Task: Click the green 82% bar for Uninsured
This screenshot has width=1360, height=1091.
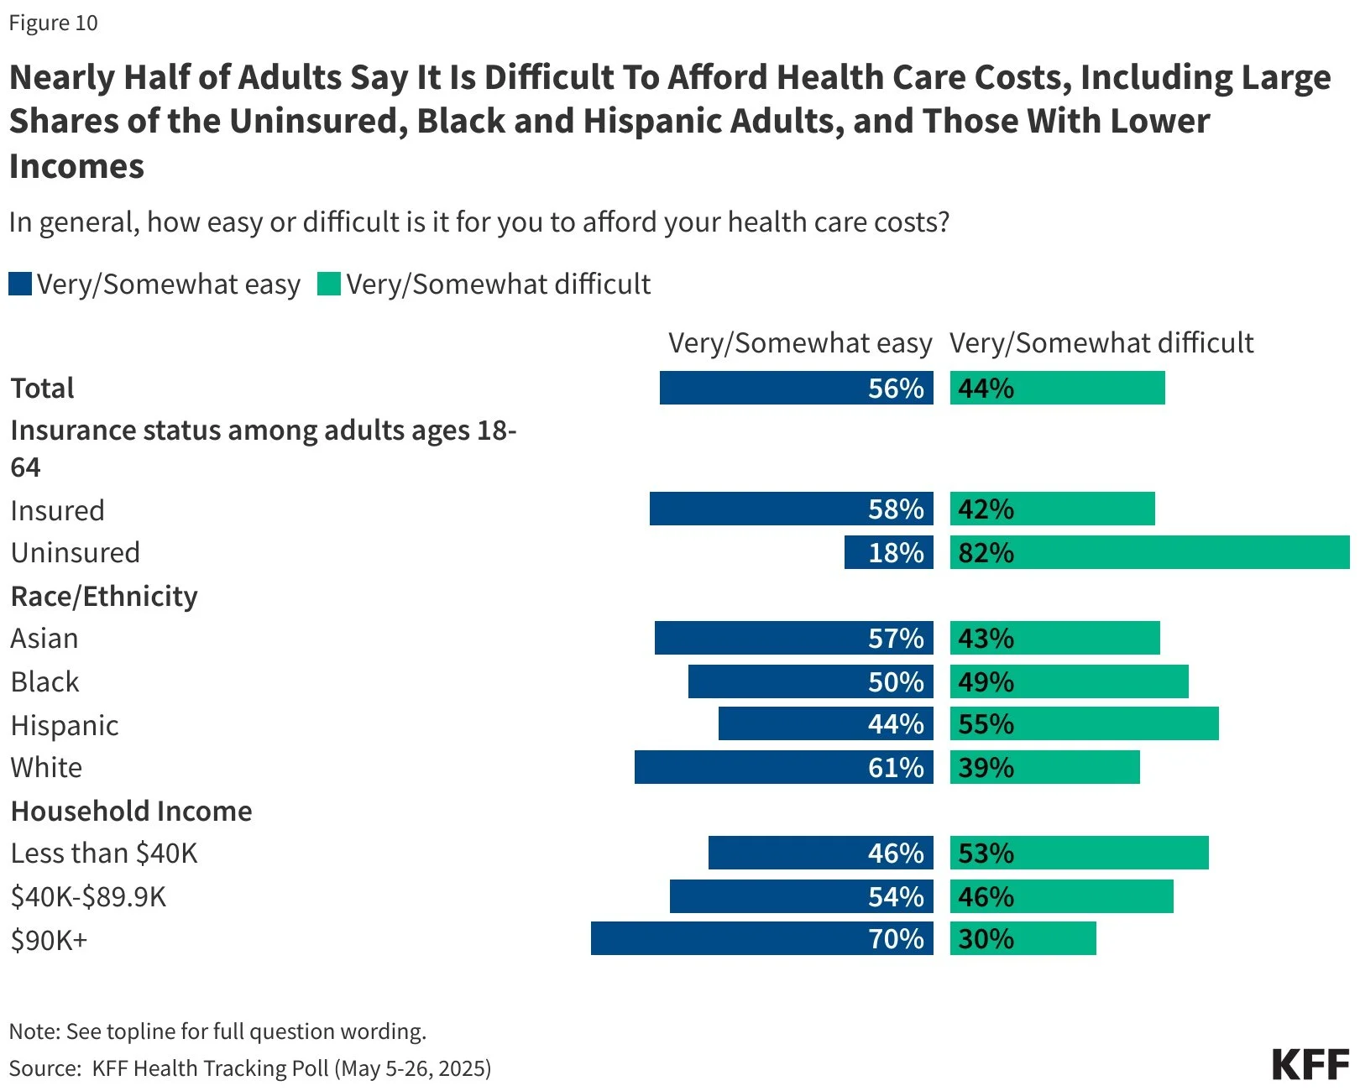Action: (x=1149, y=552)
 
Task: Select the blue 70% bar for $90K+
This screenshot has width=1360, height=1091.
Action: (x=761, y=938)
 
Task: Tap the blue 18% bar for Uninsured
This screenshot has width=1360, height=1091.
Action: (x=888, y=552)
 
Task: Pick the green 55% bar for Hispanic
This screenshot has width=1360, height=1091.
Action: (x=1084, y=723)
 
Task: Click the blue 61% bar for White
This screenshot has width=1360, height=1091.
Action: (x=783, y=767)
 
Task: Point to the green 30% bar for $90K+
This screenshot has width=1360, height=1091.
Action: (x=1023, y=938)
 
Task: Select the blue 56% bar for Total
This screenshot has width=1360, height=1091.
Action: (x=796, y=388)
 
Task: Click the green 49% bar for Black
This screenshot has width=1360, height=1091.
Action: (x=1069, y=681)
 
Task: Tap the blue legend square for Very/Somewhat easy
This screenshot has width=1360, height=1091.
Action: (x=20, y=284)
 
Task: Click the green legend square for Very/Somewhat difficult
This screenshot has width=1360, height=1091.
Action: (x=329, y=284)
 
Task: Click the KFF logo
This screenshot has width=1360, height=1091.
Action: (x=1310, y=1064)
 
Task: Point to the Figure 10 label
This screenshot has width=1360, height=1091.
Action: (x=53, y=23)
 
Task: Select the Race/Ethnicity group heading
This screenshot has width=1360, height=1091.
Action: (x=104, y=596)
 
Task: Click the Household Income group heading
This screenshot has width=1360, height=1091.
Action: (x=131, y=811)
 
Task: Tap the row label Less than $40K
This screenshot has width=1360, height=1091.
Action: (x=104, y=853)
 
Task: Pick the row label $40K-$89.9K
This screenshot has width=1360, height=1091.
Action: (x=88, y=896)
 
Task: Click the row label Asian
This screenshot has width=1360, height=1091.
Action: (x=44, y=638)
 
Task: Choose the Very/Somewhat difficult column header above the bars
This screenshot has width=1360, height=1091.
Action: (x=1101, y=342)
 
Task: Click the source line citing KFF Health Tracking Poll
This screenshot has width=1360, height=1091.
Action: (x=250, y=1068)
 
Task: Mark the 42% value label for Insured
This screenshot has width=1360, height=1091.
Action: (x=986, y=509)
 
